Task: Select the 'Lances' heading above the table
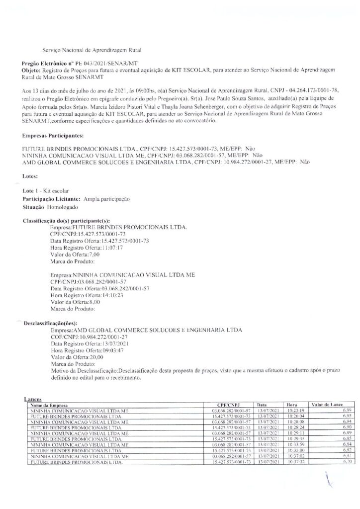coord(32,399)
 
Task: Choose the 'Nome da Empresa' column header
coord(49,405)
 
